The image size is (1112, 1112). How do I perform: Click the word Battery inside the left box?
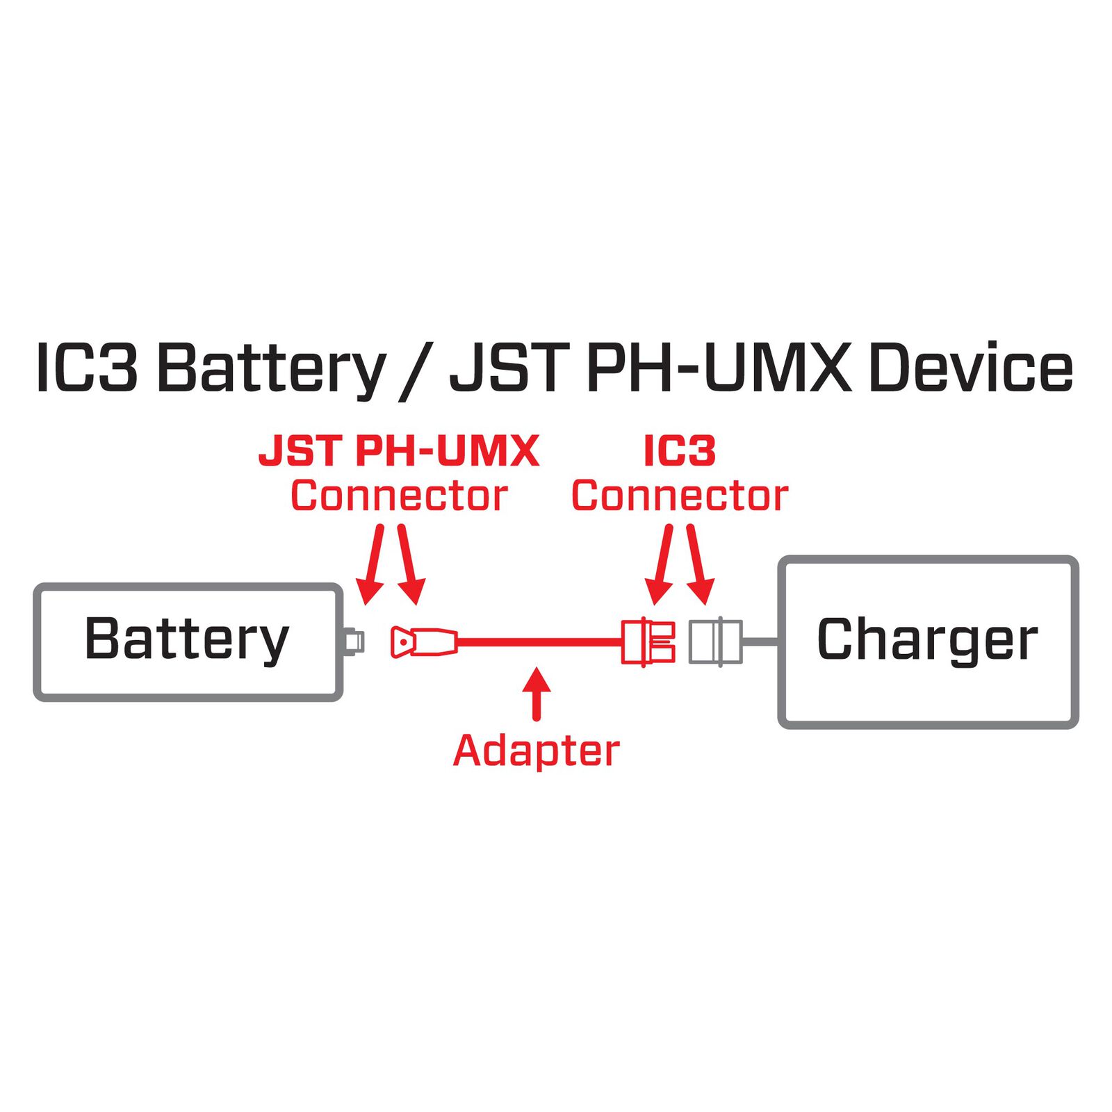click(x=186, y=639)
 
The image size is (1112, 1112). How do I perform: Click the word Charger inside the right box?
click(x=927, y=639)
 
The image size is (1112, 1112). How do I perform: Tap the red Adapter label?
click(x=536, y=751)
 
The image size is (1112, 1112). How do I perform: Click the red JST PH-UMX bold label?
click(x=399, y=451)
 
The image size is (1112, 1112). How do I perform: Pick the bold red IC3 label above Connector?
click(x=679, y=451)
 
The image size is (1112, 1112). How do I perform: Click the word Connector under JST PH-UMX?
click(x=399, y=496)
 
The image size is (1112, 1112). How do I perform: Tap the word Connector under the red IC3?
click(x=679, y=496)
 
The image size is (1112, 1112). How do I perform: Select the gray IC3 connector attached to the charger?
click(x=715, y=641)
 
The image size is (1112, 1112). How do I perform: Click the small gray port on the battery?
click(x=354, y=641)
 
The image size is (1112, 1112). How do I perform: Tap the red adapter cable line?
click(x=539, y=641)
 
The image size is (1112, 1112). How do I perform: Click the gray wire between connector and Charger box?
click(x=761, y=641)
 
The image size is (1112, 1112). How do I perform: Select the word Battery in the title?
click(x=271, y=369)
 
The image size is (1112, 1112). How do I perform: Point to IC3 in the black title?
click(x=86, y=368)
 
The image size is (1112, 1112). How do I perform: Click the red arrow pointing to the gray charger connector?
click(x=700, y=563)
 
